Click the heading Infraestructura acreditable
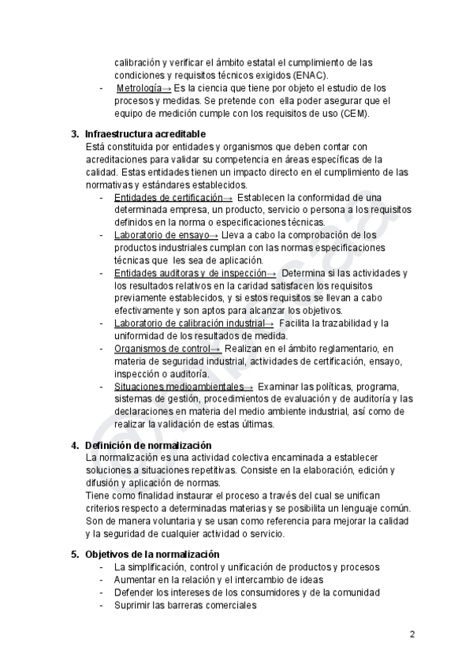click(x=145, y=133)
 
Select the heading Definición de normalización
click(x=148, y=445)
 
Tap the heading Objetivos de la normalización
click(x=152, y=555)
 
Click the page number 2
click(x=412, y=633)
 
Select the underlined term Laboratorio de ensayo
click(x=161, y=235)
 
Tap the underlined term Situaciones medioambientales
click(x=178, y=387)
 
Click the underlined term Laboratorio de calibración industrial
click(x=188, y=323)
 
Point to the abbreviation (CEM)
click(x=355, y=114)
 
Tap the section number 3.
click(x=75, y=133)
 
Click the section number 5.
click(x=75, y=555)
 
